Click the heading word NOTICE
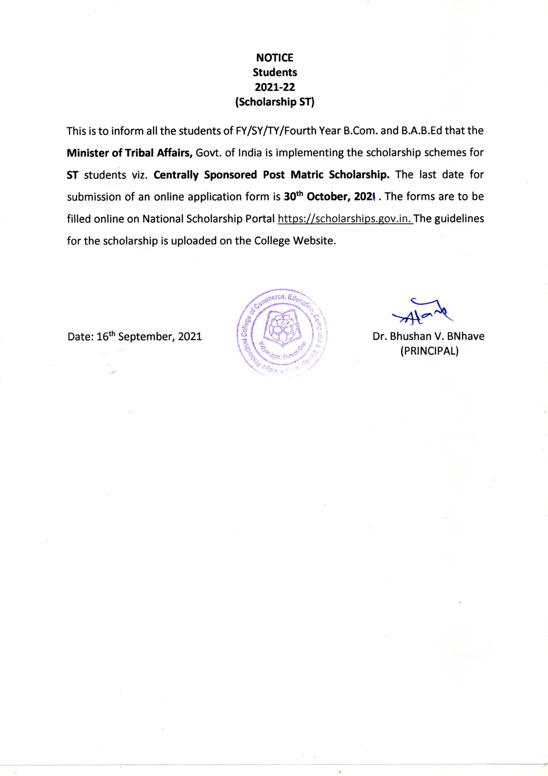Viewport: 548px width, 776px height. tap(275, 58)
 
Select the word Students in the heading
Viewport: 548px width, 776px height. tap(275, 72)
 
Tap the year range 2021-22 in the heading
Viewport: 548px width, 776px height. tap(275, 87)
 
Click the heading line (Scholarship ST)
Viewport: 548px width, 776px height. tap(275, 102)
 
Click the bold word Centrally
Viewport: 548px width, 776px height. tap(176, 175)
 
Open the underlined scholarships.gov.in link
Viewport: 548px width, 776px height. tap(345, 219)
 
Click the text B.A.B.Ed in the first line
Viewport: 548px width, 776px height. tap(422, 131)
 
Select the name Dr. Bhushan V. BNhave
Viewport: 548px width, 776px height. tap(428, 336)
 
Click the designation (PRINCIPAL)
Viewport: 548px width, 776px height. tap(429, 352)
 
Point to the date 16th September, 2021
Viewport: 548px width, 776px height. tap(135, 337)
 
